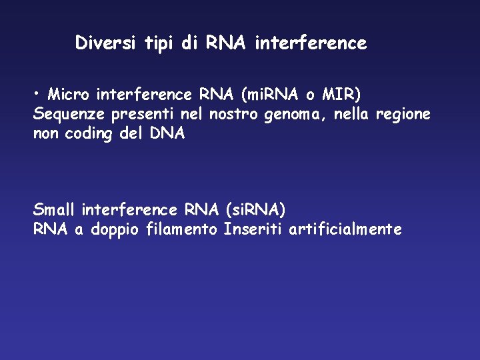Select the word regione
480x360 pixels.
[x=403, y=115]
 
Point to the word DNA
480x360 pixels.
[x=167, y=134]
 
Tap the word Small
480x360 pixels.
[x=54, y=210]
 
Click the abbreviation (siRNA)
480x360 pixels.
[x=256, y=210]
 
